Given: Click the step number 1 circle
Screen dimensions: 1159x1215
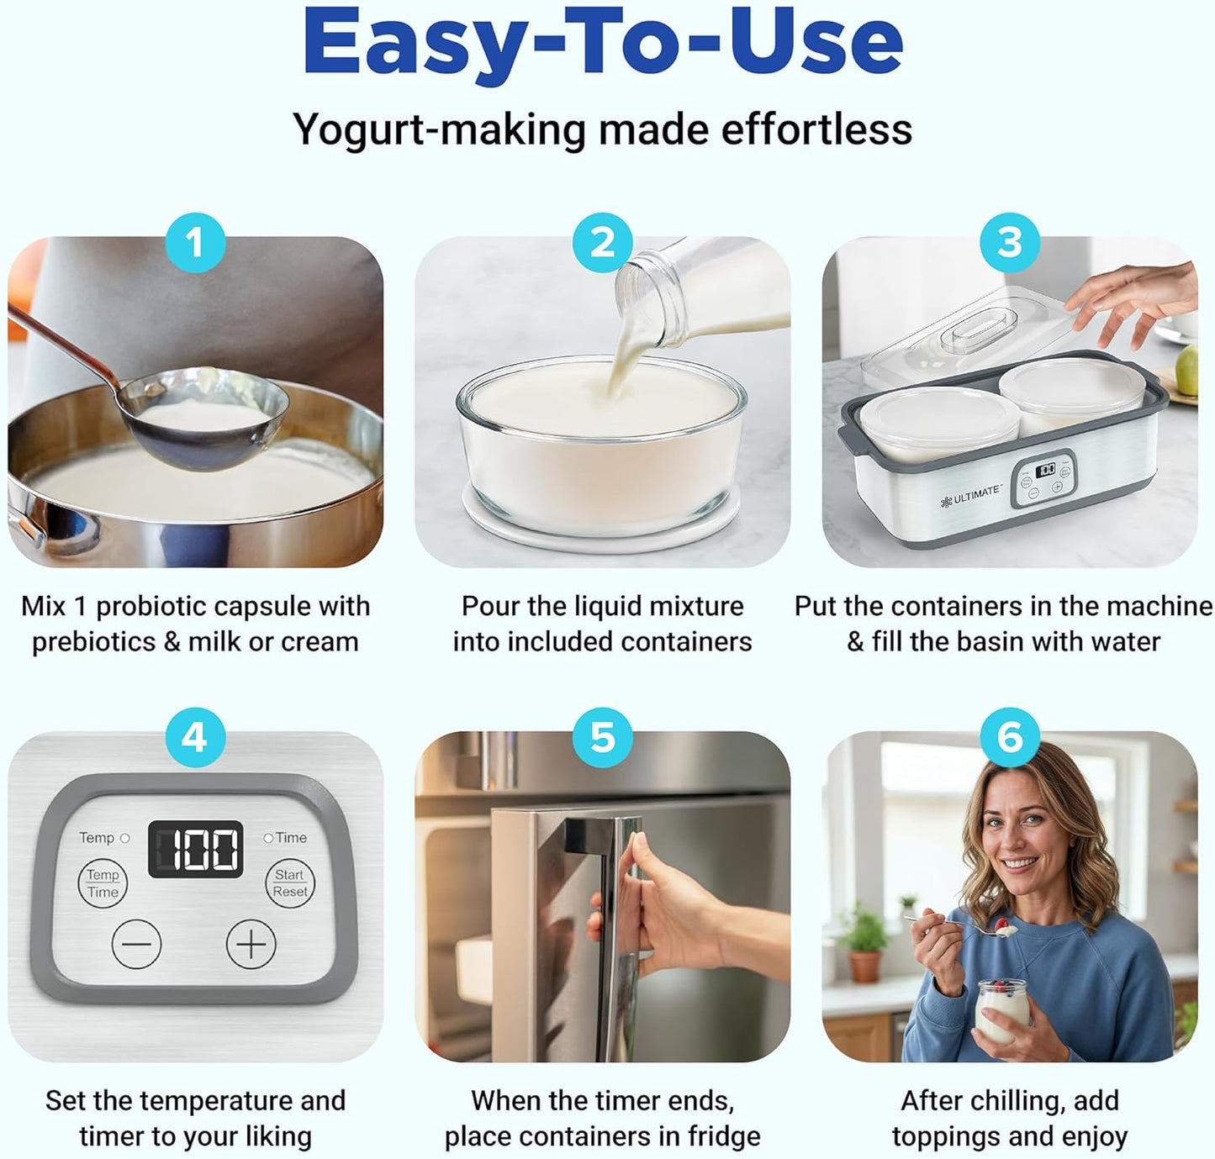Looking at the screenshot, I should point(195,243).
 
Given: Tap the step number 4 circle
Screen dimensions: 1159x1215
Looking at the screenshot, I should point(195,738).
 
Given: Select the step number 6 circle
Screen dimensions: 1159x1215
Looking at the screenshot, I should point(1009,738).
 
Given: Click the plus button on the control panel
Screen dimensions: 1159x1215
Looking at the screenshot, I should point(251,944).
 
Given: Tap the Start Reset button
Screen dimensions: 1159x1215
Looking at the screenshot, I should point(290,883).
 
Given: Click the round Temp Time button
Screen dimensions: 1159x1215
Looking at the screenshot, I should point(103,883).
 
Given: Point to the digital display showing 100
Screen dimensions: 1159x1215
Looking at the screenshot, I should point(196,849).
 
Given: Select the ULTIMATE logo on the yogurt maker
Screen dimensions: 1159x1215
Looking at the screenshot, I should point(971,496).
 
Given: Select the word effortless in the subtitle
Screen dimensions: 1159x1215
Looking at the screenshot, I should point(816,130).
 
